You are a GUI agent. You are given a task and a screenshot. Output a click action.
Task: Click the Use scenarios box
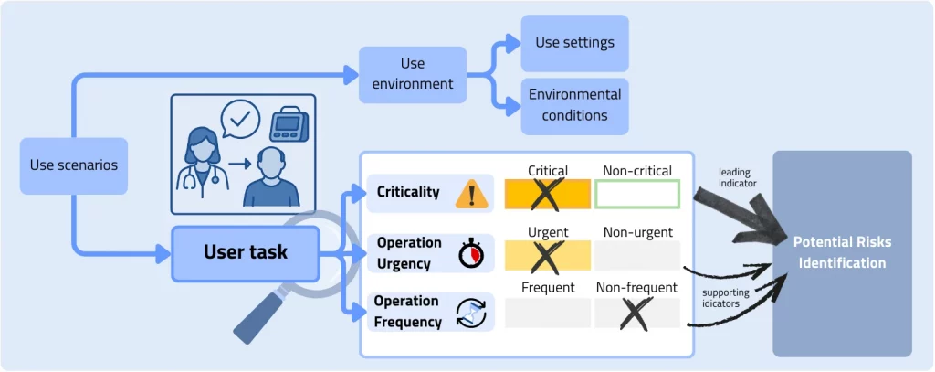click(x=74, y=166)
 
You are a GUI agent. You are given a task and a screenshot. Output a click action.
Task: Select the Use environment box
click(x=413, y=74)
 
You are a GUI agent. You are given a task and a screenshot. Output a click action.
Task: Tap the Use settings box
click(x=574, y=43)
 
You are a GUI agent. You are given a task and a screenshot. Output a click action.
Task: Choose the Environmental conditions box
click(x=574, y=105)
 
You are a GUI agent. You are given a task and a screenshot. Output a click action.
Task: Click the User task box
click(x=245, y=251)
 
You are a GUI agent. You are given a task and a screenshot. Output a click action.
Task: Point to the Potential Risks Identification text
click(x=841, y=252)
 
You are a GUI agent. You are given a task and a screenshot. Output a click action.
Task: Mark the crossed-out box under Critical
click(x=547, y=194)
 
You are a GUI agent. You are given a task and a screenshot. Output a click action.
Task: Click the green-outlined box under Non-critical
click(x=637, y=194)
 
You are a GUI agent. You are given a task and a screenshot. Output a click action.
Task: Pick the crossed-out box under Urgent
click(x=547, y=255)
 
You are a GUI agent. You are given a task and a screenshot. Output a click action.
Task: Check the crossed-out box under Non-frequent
click(x=637, y=313)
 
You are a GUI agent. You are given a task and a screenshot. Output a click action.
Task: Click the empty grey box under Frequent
click(x=547, y=313)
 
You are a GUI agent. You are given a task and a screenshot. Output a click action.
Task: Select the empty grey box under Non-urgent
click(x=637, y=255)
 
